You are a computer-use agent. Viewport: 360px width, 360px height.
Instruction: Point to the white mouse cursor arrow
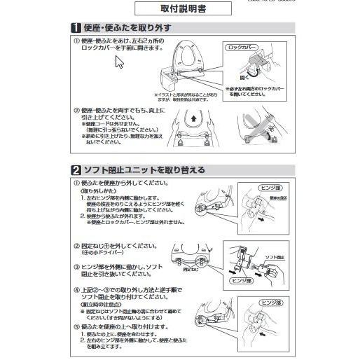pyautogui.click(x=119, y=62)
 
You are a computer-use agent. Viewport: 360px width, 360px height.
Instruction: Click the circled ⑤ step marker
pyautogui.click(x=76, y=326)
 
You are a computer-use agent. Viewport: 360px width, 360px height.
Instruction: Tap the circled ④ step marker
pyautogui.click(x=76, y=289)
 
